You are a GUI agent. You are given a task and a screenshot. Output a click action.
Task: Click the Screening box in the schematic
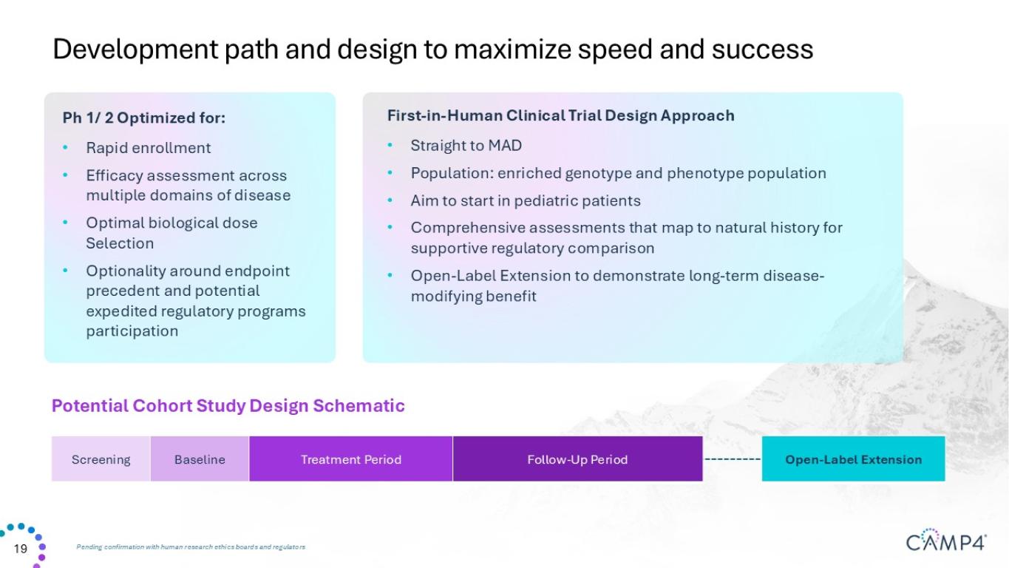click(x=101, y=459)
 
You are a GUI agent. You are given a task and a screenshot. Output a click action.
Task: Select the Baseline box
click(x=200, y=459)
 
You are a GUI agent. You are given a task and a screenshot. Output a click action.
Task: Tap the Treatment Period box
click(x=351, y=459)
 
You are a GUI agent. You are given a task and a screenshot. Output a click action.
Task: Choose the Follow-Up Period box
click(x=577, y=459)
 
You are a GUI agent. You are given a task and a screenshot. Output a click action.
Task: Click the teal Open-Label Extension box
click(x=853, y=459)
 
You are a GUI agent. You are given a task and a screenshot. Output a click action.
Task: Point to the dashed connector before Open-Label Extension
click(x=733, y=459)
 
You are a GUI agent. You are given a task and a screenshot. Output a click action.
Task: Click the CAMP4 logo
click(x=946, y=540)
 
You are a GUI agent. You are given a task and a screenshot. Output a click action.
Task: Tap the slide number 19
click(x=20, y=549)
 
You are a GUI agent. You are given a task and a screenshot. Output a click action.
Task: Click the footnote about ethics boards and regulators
click(x=191, y=547)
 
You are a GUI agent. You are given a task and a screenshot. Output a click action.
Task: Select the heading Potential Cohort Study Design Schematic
click(x=228, y=406)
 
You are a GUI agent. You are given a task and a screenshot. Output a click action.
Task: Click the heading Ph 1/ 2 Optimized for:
click(x=143, y=118)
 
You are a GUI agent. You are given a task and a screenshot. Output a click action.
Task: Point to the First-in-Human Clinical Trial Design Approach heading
click(x=561, y=116)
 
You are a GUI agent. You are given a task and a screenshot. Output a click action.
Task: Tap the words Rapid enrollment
click(x=148, y=148)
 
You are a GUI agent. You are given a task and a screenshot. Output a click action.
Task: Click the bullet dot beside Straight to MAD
click(x=390, y=145)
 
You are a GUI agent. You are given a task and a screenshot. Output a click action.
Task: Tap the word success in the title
click(x=763, y=49)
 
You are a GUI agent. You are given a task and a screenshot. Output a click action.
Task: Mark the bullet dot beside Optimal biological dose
click(x=65, y=222)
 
